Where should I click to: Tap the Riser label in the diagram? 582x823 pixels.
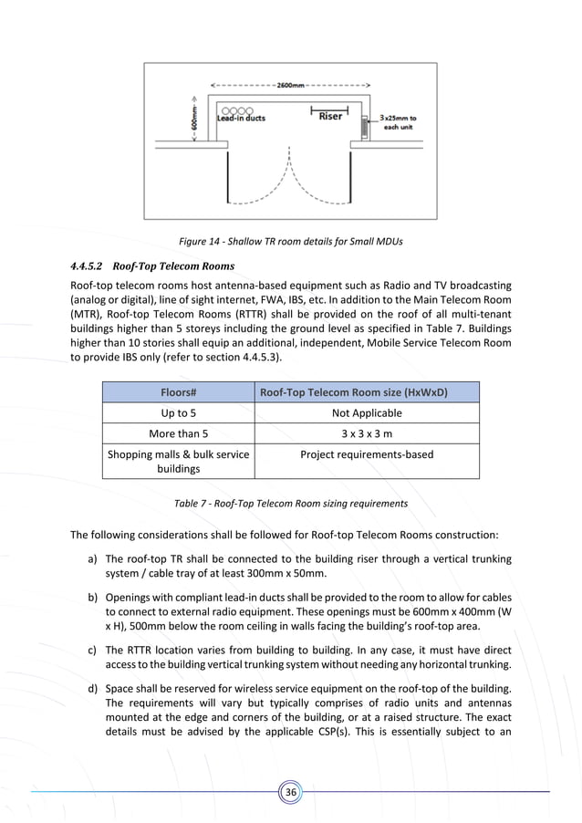click(330, 117)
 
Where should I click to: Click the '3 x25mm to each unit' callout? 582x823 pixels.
click(399, 122)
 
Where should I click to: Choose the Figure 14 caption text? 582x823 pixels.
click(290, 241)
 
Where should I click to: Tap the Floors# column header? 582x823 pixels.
click(178, 391)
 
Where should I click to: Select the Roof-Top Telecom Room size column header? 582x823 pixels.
click(366, 391)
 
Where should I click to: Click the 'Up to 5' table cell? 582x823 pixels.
click(178, 413)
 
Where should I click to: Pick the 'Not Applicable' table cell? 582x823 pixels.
click(366, 413)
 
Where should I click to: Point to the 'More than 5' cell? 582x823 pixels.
click(178, 433)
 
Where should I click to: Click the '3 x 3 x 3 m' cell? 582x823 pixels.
click(366, 433)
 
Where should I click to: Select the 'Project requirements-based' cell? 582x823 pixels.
click(366, 454)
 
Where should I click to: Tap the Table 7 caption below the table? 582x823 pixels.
click(290, 503)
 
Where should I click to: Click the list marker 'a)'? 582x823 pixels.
click(93, 558)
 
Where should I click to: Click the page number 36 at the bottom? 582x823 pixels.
click(291, 792)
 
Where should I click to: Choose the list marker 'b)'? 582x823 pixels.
click(93, 597)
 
